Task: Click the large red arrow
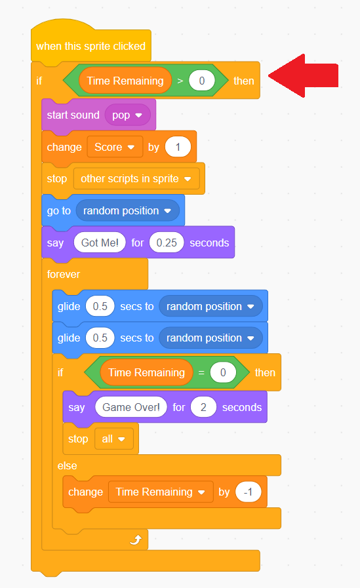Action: pos(304,76)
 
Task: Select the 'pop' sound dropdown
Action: pos(127,115)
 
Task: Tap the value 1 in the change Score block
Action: pos(178,147)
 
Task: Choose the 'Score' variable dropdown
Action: pos(115,147)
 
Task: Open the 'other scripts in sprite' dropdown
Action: pos(136,179)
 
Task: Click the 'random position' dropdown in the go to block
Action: pos(127,211)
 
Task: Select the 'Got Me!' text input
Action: pos(100,243)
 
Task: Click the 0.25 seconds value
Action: pos(167,243)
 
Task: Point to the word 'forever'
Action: pos(64,275)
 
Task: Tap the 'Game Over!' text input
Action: pos(131,407)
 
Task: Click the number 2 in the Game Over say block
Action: pos(203,407)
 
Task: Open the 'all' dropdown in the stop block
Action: pos(113,439)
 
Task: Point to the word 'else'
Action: pos(67,466)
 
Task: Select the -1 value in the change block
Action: pos(249,492)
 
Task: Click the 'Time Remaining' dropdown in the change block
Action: pos(161,492)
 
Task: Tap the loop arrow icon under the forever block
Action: pos(136,539)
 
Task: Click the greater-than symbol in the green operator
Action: pos(180,81)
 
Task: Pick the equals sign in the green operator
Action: pos(201,373)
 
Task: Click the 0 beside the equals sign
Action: pos(223,373)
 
